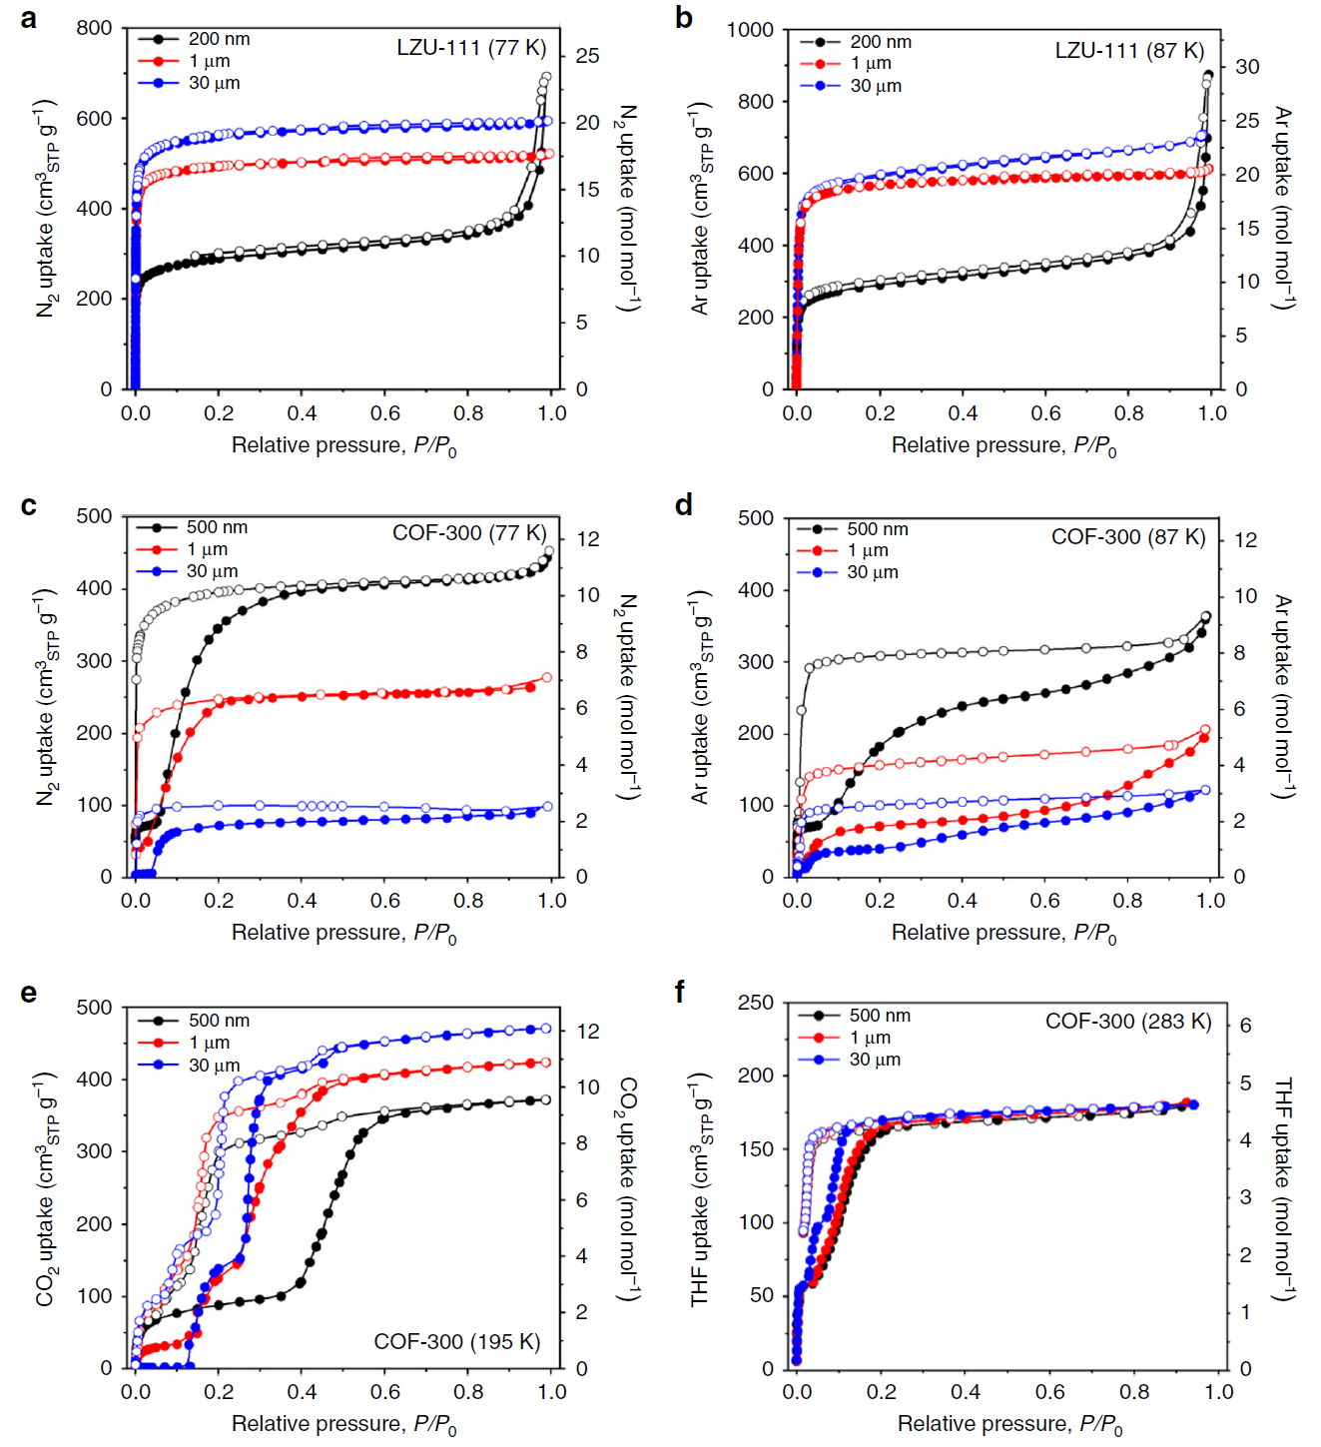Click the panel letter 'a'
pos(29,19)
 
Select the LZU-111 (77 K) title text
pos(470,48)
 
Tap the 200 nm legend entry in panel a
pos(219,39)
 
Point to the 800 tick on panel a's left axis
pos(95,28)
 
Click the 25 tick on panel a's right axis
pos(587,56)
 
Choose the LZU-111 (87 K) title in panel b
pos(1129,51)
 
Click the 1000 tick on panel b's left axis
pos(750,30)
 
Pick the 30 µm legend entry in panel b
pos(876,86)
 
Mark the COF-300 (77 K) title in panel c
pos(468,533)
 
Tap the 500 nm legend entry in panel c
pos(217,527)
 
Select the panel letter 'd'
pos(684,505)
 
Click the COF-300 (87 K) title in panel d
pos(1128,537)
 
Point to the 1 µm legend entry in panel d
pos(868,550)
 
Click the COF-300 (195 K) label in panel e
pos(456,1341)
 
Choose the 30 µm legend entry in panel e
pos(214,1065)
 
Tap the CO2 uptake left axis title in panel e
pos(46,1188)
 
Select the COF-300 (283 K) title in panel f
pos(1127,1022)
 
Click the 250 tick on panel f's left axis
pos(756,1003)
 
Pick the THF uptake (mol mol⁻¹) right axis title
pos(1284,1188)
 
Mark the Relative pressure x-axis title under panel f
pos(1009,1425)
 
